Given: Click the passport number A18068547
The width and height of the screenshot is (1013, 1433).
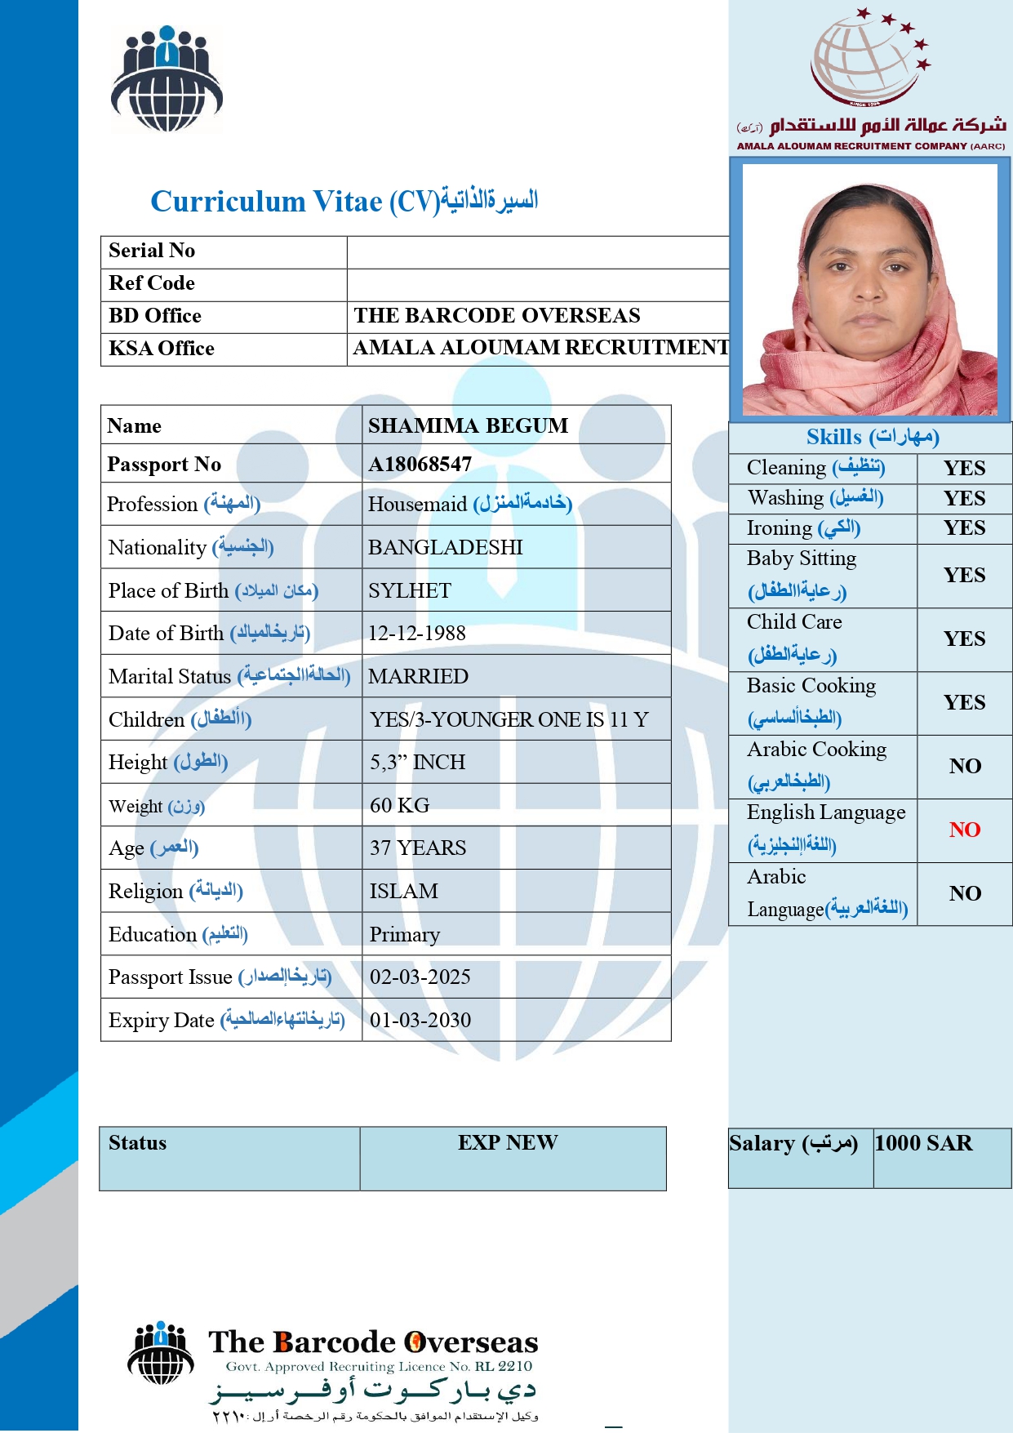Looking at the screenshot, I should click(420, 464).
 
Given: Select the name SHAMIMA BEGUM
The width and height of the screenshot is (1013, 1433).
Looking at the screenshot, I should click(468, 425).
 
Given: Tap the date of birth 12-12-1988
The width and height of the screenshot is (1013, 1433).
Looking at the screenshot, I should click(416, 633).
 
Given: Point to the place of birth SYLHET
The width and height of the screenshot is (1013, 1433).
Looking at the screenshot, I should click(409, 590).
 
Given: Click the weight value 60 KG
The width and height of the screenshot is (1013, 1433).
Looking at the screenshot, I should click(399, 805).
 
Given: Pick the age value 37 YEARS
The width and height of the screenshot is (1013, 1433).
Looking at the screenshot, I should click(417, 848).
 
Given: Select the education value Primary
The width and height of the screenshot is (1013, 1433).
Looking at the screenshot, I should click(404, 934).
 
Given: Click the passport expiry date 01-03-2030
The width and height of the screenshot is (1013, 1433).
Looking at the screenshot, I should click(420, 1020).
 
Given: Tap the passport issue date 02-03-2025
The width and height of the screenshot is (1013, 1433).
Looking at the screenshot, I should click(420, 977).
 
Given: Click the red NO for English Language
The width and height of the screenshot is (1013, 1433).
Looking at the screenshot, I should click(964, 830).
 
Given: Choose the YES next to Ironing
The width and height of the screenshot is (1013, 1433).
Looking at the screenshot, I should click(964, 527).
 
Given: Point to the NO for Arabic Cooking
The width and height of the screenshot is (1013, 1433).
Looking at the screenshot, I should click(964, 766).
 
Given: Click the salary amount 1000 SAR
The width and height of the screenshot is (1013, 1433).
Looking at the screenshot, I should click(923, 1143).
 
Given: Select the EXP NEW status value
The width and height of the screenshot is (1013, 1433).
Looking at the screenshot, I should click(508, 1142).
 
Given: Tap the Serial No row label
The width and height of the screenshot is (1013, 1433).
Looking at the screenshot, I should click(152, 251).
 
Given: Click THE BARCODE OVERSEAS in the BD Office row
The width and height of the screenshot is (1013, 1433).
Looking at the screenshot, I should click(496, 315).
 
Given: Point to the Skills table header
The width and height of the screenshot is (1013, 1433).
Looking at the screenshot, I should click(872, 437).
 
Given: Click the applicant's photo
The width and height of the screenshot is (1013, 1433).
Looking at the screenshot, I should click(869, 290).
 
